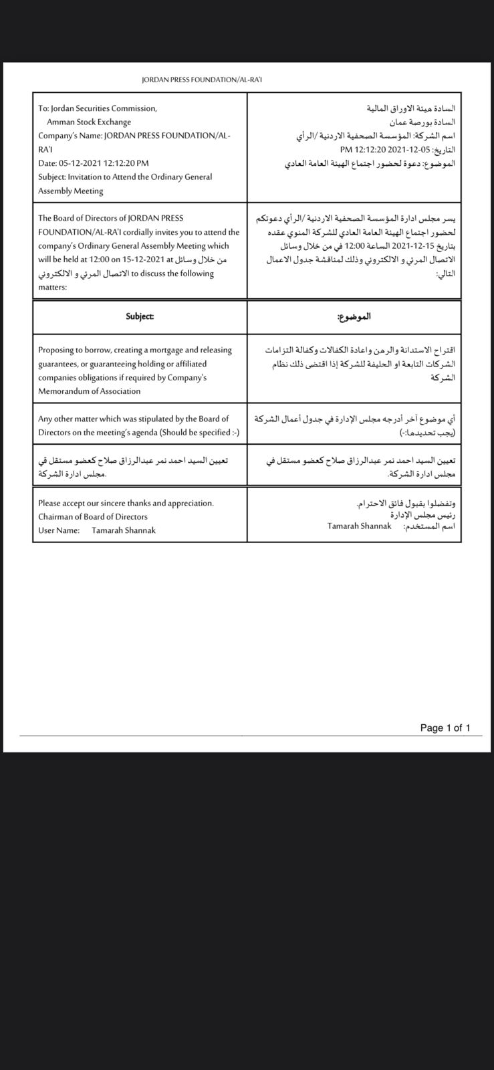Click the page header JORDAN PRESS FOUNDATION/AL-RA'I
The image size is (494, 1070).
point(202,80)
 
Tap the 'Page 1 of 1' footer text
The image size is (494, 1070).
point(445,728)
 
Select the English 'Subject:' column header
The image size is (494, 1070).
point(140,316)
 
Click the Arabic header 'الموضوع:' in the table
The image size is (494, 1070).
point(354,316)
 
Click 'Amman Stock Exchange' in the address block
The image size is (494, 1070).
point(89,122)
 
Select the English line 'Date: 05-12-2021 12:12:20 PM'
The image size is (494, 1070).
point(94,163)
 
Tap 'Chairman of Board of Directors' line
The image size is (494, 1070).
point(93,516)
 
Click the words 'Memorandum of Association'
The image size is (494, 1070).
point(90,391)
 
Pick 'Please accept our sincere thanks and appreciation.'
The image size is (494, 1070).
point(126,503)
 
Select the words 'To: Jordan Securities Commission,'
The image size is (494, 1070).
point(98,108)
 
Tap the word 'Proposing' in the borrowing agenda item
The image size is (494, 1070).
point(56,350)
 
